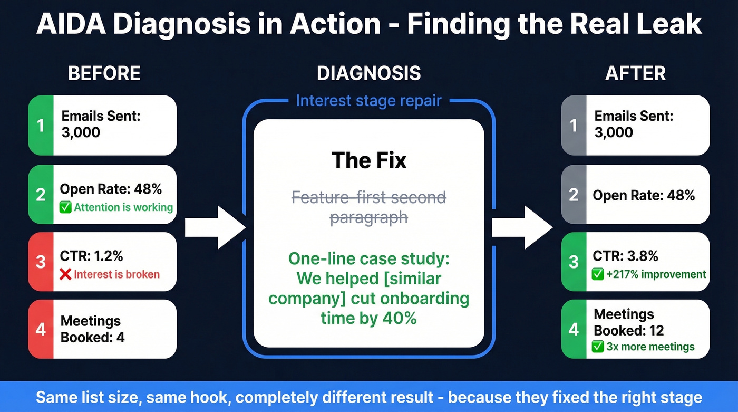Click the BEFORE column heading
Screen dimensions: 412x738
point(104,73)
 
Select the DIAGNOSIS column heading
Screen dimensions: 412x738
point(368,73)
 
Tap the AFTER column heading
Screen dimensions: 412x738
point(635,73)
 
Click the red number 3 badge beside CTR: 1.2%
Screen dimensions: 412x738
point(41,262)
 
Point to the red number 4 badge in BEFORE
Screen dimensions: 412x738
point(41,329)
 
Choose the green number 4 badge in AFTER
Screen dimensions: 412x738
point(574,329)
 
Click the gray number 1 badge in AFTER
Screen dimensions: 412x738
point(574,126)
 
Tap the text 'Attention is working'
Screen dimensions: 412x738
point(123,207)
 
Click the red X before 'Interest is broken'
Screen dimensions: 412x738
point(65,274)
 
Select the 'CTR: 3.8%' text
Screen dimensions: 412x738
point(625,256)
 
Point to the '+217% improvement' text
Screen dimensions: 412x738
point(655,274)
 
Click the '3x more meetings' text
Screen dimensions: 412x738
point(650,347)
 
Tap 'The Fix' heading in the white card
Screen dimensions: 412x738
point(368,160)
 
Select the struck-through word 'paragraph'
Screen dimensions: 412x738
point(368,217)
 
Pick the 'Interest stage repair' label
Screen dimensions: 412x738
point(368,101)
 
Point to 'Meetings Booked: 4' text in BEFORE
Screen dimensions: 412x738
point(92,329)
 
